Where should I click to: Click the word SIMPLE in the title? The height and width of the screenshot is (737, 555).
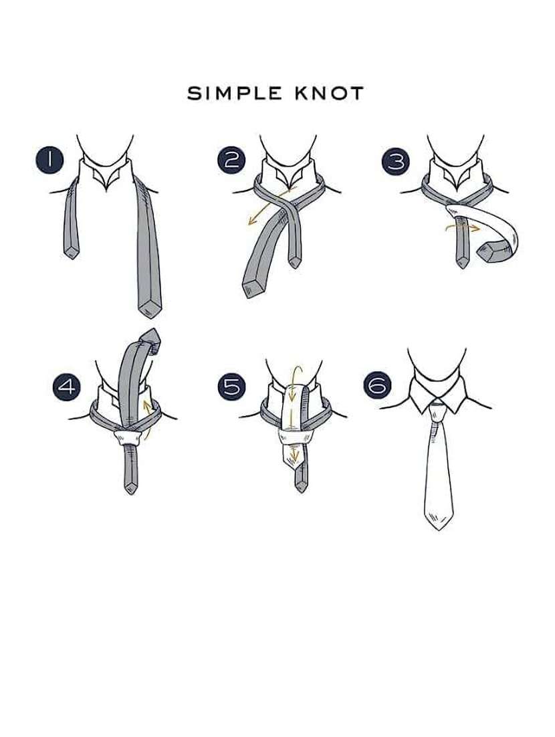pos(231,93)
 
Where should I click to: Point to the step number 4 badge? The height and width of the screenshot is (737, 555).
pos(67,387)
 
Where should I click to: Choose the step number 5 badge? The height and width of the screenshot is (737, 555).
pos(231,387)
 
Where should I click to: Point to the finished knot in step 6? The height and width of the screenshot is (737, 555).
pos(437,414)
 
